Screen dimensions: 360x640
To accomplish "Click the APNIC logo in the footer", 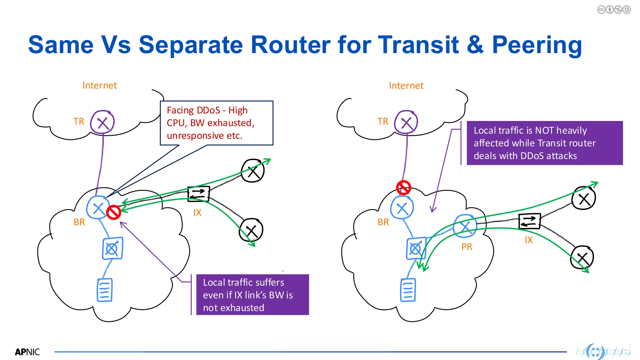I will (x=27, y=352).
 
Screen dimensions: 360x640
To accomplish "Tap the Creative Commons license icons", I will (x=613, y=10).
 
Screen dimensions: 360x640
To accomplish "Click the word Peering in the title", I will (x=537, y=45).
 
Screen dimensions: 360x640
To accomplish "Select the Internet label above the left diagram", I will (x=99, y=85).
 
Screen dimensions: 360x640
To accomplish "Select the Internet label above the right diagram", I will (x=406, y=86).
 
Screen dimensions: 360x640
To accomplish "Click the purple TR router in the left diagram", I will (x=102, y=122).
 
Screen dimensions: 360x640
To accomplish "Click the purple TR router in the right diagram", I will (x=406, y=122).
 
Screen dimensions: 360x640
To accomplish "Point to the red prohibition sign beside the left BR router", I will (x=113, y=212).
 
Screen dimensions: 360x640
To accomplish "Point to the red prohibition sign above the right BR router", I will (x=403, y=187).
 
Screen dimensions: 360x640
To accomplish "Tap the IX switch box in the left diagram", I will (x=198, y=194).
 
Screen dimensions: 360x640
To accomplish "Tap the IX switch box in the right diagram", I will (x=529, y=221).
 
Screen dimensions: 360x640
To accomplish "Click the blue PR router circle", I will (x=465, y=226).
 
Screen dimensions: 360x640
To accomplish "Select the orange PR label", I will (x=467, y=247).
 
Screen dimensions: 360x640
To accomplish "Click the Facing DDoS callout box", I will (x=217, y=123).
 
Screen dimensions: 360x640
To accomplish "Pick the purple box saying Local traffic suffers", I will (x=252, y=295).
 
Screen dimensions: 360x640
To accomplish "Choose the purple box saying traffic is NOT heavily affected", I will (x=544, y=143).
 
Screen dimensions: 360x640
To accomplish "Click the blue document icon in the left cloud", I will (x=105, y=290).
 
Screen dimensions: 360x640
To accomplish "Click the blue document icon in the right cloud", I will (x=408, y=290).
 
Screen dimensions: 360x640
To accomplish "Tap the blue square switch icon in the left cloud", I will (x=112, y=248).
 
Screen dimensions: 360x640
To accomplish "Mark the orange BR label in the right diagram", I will (x=383, y=222).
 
